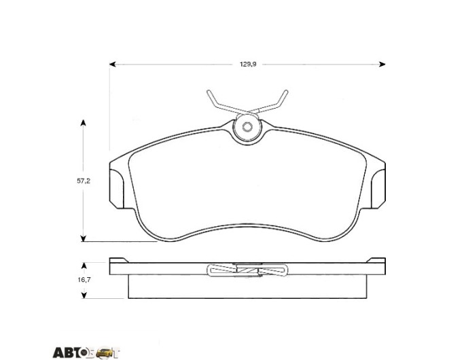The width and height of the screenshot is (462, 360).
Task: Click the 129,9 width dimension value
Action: coord(248,65)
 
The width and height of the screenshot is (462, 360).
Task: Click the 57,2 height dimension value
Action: coord(84,181)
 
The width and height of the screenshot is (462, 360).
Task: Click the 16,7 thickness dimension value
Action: coord(84,280)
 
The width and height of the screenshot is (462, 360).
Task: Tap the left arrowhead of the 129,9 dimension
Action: coord(112,65)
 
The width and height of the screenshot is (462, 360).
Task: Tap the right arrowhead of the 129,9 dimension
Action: coord(382,65)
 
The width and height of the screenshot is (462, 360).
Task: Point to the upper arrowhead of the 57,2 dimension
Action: coord(84,123)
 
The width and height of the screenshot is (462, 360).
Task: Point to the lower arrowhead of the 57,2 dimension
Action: coord(84,238)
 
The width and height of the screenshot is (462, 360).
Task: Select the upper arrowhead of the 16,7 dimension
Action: coord(84,266)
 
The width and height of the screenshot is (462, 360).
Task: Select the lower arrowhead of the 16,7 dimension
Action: coord(84,295)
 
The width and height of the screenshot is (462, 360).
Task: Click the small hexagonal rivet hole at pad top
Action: coord(247,127)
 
